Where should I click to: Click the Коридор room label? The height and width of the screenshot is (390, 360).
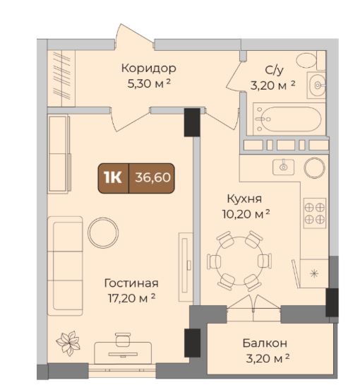148,68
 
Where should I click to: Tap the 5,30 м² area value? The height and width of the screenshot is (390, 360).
148,83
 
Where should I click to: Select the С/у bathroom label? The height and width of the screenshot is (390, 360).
274,71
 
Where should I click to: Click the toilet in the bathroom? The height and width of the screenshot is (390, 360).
306,59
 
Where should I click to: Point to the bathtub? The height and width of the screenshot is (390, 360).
289,119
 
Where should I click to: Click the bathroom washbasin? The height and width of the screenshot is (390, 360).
316,85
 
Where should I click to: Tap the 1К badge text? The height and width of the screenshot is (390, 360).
113,177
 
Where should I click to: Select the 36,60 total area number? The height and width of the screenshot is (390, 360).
152,177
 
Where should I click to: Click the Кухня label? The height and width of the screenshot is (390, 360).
244,199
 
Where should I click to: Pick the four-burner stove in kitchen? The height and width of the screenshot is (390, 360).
315,213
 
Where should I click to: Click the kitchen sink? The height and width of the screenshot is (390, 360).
284,167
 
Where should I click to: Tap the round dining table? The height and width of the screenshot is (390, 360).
239,261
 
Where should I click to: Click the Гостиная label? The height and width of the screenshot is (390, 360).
131,283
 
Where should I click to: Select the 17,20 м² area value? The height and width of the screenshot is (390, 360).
132,298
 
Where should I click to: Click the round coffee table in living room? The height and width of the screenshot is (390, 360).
103,233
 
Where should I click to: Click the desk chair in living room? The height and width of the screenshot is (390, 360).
123,339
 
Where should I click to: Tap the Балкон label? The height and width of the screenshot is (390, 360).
265,343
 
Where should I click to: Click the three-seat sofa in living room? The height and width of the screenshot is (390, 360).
65,266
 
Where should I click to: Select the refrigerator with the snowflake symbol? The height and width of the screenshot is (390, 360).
314,273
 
